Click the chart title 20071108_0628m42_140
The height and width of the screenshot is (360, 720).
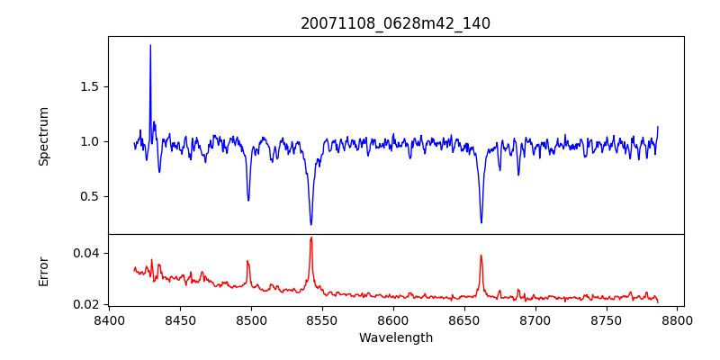[395, 23]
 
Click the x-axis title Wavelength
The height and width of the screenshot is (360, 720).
[395, 337]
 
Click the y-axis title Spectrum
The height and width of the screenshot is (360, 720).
[43, 136]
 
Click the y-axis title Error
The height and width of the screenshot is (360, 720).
[43, 270]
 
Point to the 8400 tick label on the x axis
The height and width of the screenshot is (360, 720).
[109, 320]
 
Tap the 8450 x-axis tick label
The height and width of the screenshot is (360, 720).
[180, 320]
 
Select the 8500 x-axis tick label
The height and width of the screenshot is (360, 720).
[251, 320]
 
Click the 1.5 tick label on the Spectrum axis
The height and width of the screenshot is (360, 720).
[89, 86]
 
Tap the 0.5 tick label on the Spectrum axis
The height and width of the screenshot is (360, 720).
[89, 196]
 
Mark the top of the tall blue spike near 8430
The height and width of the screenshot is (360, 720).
[150, 45]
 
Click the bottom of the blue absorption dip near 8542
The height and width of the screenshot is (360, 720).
[310, 224]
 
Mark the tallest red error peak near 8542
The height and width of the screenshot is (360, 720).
[310, 238]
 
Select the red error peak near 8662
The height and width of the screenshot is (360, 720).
[481, 256]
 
